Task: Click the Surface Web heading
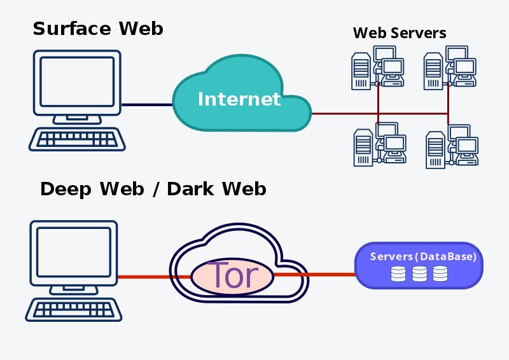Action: click(98, 29)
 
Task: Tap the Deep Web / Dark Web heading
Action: click(153, 189)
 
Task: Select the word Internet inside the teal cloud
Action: click(239, 99)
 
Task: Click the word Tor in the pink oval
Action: click(232, 276)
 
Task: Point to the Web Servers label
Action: click(400, 32)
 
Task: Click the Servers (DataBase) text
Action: click(423, 257)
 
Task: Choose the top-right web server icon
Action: click(450, 67)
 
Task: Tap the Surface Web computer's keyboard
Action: click(77, 139)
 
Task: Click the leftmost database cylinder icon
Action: click(398, 273)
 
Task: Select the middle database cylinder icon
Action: click(419, 273)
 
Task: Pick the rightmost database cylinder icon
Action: click(440, 273)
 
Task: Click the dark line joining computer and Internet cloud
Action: click(146, 105)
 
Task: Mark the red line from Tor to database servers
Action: click(315, 275)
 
